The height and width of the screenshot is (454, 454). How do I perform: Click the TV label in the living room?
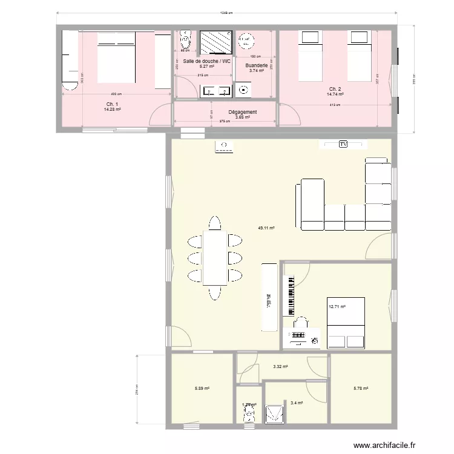343,144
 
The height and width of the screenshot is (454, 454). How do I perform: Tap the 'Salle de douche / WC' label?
206,62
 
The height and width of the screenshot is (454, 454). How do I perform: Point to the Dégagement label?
242,112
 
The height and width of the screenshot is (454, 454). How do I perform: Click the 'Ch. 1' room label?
113,105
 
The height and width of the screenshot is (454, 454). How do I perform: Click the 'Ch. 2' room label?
335,90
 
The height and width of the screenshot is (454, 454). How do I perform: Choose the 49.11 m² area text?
266,228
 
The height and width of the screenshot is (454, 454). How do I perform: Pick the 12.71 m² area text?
337,307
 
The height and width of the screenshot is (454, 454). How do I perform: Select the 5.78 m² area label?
361,389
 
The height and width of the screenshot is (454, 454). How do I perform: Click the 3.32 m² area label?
280,366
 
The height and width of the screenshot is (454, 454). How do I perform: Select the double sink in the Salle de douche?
215,91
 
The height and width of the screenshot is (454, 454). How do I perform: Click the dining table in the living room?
214,258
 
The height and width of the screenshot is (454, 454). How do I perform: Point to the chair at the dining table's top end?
214,222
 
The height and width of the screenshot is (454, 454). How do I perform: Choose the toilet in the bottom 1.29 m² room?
248,414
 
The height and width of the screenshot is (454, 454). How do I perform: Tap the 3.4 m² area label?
297,403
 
